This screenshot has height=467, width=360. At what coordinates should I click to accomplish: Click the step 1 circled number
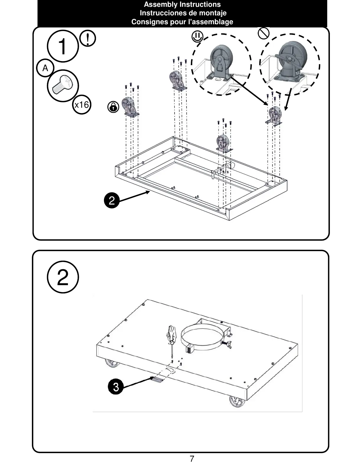(63, 46)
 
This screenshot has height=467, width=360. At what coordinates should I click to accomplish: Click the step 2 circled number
(63, 278)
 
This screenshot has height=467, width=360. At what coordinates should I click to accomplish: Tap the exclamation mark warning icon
(88, 38)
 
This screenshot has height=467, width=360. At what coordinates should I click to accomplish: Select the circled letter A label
(45, 68)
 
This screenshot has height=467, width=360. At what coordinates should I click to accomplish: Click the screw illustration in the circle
(63, 85)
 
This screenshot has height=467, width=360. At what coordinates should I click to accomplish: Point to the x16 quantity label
(82, 105)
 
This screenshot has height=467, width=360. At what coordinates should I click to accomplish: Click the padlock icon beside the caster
(113, 107)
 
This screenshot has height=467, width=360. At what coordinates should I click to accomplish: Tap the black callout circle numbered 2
(112, 201)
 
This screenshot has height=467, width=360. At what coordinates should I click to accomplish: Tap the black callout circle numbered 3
(116, 386)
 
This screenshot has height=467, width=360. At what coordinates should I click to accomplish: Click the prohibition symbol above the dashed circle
(263, 33)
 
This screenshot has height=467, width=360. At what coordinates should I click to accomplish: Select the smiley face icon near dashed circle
(197, 37)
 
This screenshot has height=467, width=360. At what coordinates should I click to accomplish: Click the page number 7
(192, 459)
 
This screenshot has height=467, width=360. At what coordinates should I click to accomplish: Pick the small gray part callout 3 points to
(157, 380)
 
